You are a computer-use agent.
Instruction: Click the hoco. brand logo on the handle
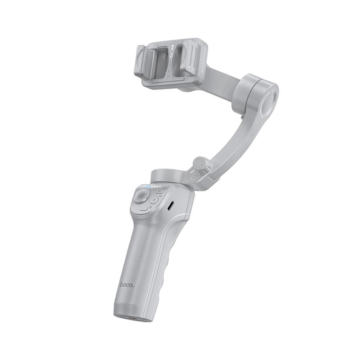(x=127, y=285)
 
